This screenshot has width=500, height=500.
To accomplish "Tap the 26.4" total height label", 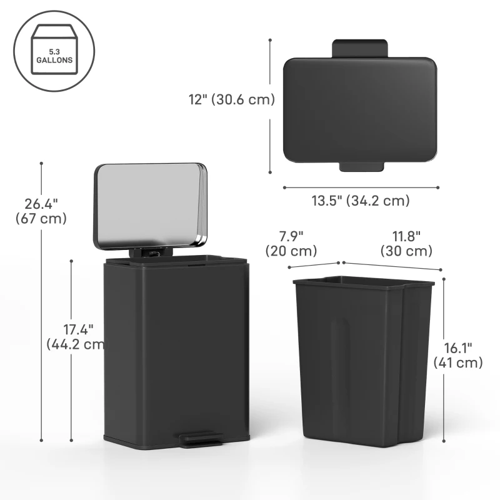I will [41, 211].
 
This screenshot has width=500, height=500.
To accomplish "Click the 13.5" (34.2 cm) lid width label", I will [361, 201].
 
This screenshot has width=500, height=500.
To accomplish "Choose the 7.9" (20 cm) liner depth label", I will [291, 243].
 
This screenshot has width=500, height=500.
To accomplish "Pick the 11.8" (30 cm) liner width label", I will [406, 243].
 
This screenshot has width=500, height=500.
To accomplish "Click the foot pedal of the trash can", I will [200, 440].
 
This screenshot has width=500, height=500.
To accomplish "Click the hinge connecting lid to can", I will [151, 252].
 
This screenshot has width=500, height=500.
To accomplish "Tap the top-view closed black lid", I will [359, 110].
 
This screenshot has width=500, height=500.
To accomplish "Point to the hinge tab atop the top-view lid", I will [359, 47].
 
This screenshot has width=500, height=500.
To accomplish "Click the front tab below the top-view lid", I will [361, 167].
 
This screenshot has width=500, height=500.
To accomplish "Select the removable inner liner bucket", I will [362, 362].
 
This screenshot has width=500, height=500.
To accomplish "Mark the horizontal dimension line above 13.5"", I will [361, 187].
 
